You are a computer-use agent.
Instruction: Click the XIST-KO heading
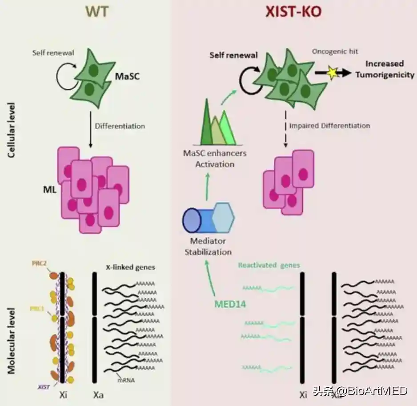click(293, 12)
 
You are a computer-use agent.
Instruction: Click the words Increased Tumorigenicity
click(385, 69)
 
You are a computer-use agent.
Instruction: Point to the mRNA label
click(126, 380)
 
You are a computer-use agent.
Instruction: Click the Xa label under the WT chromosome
click(98, 394)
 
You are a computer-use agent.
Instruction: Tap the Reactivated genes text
click(269, 265)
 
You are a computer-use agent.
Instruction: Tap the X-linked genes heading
click(130, 267)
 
